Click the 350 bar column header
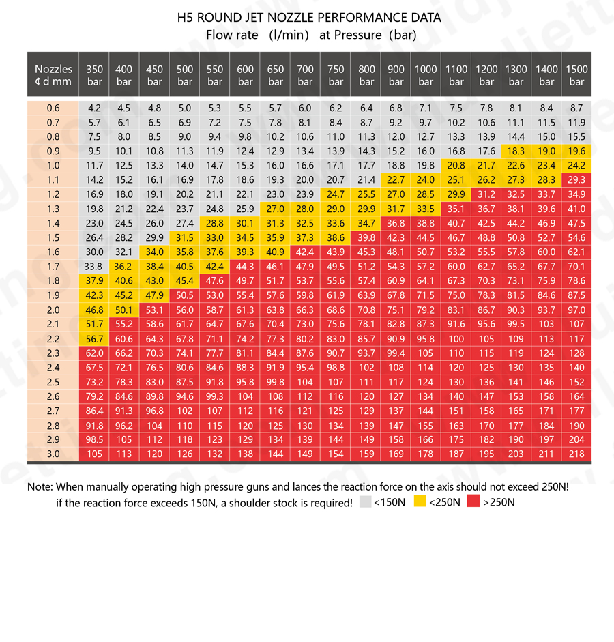pos(94,75)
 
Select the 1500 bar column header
pos(576,75)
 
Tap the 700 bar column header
pos(306,75)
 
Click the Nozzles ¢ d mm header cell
pos(53,75)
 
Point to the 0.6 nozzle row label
pos(53,108)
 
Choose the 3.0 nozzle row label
pos(53,454)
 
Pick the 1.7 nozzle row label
pos(53,267)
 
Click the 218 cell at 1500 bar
pos(576,454)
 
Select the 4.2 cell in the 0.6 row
pos(94,108)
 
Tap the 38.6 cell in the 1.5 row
pos(336,238)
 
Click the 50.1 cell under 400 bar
pos(124,310)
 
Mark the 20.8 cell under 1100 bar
pos(456,166)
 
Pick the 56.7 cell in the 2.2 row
pos(94,339)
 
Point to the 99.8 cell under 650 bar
pos(276,382)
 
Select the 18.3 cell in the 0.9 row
pos(516,151)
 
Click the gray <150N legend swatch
pos(366,502)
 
